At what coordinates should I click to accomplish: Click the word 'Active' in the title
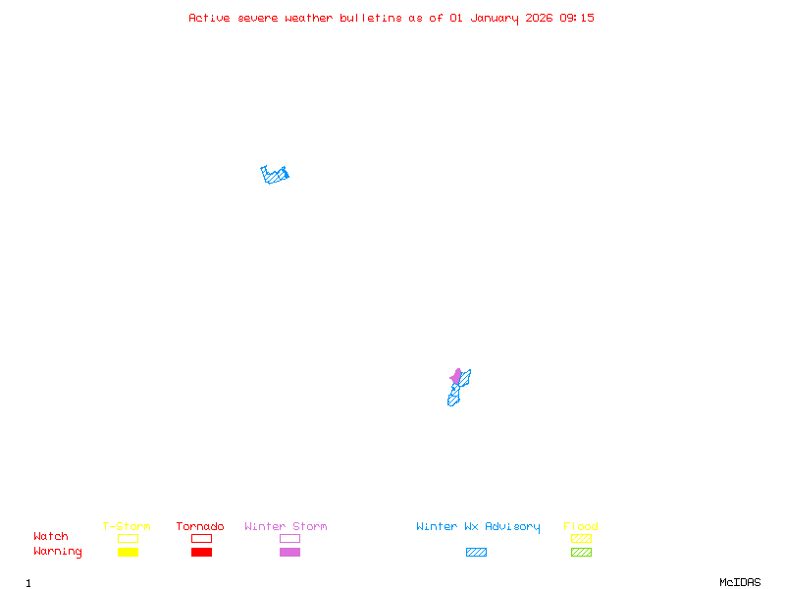[209, 18]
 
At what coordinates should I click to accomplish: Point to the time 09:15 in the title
[577, 18]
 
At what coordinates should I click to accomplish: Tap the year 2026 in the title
[539, 18]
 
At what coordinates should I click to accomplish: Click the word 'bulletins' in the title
[371, 18]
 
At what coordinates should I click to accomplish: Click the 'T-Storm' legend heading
[127, 527]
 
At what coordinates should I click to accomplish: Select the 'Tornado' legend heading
[200, 527]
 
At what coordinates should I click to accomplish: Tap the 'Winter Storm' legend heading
[286, 527]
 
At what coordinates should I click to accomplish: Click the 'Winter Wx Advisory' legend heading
[478, 527]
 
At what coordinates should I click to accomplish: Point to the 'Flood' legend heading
[581, 527]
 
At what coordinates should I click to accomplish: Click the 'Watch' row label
[51, 537]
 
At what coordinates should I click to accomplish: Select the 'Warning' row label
[58, 552]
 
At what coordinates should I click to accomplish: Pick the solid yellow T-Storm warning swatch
[128, 553]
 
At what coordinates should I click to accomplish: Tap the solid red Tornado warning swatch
[201, 553]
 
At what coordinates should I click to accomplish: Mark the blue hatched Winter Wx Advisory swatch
[476, 553]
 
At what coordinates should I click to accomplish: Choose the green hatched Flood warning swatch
[581, 553]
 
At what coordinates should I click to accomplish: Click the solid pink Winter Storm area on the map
[456, 376]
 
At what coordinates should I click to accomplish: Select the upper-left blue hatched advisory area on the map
[276, 176]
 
